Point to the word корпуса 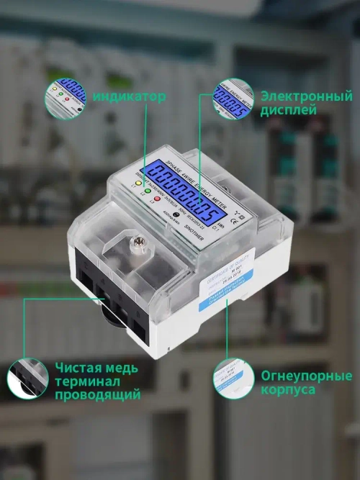tap(288, 389)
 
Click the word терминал tap(83, 381)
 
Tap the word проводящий tap(97, 394)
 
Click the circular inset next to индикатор tap(64, 98)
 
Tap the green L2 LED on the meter tap(147, 192)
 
